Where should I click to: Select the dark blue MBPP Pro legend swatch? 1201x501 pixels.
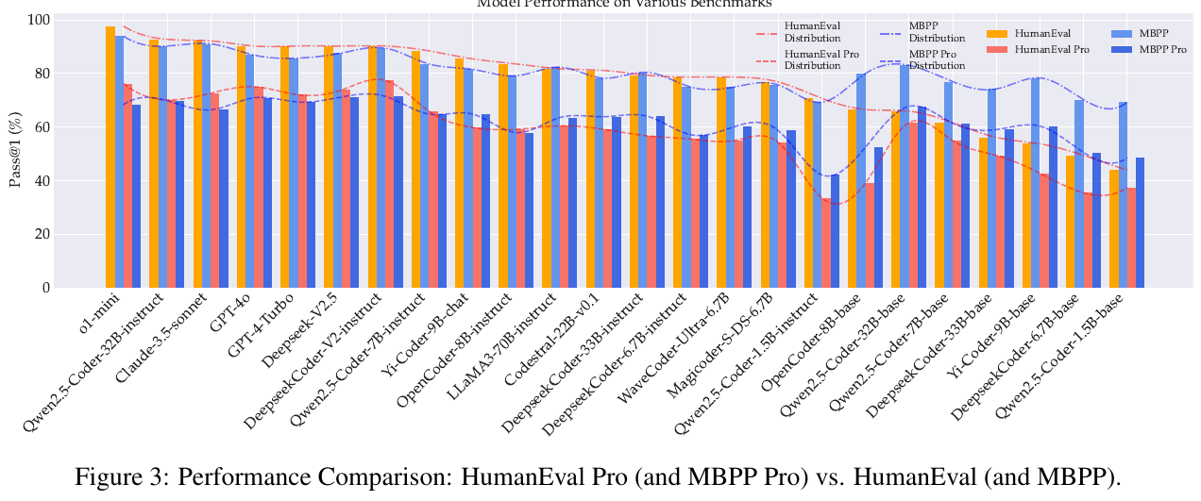[x=1123, y=49]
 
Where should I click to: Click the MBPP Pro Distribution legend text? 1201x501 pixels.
[x=937, y=60]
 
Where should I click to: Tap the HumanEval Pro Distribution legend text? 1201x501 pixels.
[x=813, y=60]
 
